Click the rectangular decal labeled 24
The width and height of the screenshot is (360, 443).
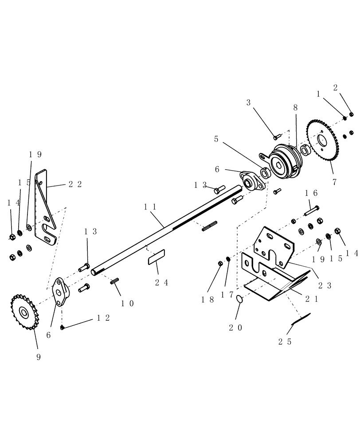[x=156, y=257]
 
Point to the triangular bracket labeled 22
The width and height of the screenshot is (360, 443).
[x=46, y=208]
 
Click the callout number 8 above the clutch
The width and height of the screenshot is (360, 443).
[x=295, y=108]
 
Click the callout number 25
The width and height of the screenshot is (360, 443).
[x=285, y=342]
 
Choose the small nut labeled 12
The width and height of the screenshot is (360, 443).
[x=63, y=327]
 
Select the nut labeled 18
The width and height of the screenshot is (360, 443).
[x=220, y=264]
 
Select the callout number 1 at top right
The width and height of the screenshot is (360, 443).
[x=319, y=94]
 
